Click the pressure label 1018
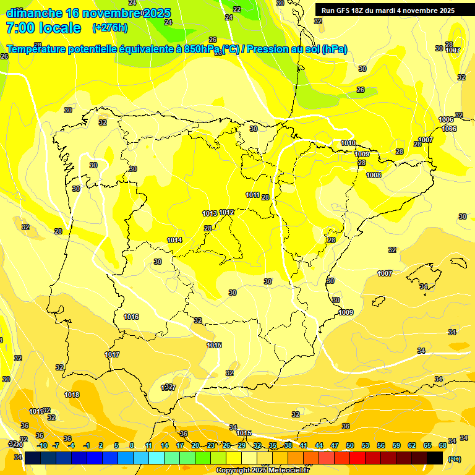point(72,395)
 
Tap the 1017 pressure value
point(112,354)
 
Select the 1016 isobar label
point(131,317)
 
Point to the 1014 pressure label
point(174,240)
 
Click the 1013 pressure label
point(210,213)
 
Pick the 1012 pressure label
point(226,212)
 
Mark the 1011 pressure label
point(252,195)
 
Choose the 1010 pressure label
point(348,143)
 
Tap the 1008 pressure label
point(374,175)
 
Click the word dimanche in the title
point(34,13)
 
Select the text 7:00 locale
point(43,28)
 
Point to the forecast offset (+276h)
point(109,28)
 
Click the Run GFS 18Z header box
point(388,11)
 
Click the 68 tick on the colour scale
point(442,445)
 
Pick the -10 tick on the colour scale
point(42,445)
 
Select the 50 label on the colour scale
point(350,445)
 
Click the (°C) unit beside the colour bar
point(454,459)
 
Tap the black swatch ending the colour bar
point(435,458)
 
